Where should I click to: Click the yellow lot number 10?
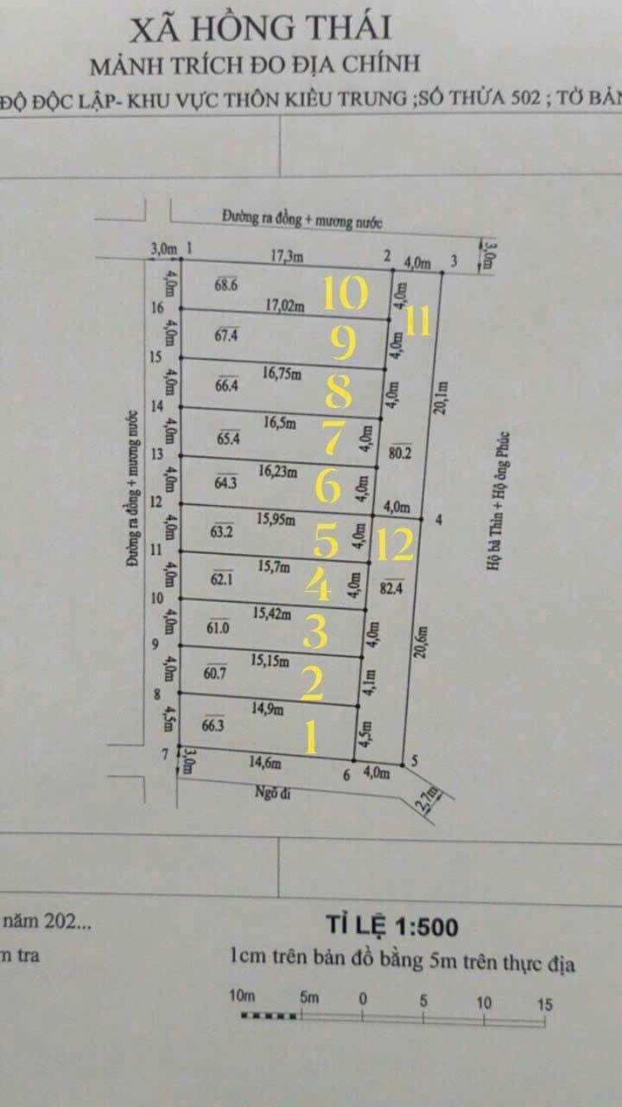346,294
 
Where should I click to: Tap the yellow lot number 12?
394,544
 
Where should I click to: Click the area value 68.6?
226,284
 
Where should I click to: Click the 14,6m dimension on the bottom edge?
265,764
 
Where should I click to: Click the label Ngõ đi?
270,790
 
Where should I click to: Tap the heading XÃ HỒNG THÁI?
260,29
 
